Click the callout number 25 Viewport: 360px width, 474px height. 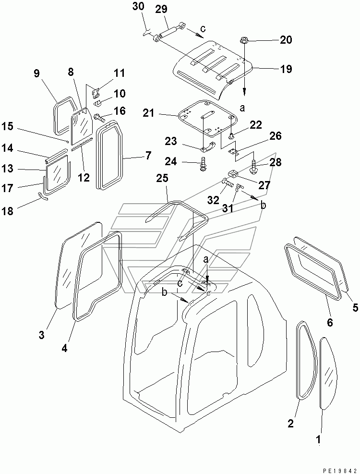[162, 179]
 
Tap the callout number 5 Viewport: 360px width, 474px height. [355, 308]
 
